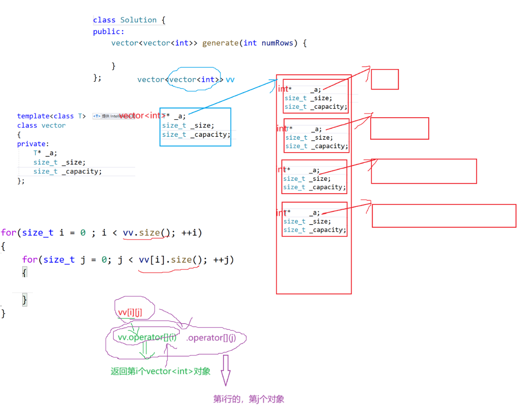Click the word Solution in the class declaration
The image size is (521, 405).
point(138,20)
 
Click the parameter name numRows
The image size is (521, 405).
point(277,43)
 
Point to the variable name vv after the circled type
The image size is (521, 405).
point(230,79)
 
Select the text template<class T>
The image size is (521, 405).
point(51,116)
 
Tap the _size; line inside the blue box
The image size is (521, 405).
point(188,125)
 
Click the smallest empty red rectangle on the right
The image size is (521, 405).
point(385,79)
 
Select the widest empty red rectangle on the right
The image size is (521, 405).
point(444,216)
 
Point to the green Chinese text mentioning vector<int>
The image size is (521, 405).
point(160,371)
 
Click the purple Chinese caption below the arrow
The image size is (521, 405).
point(249,399)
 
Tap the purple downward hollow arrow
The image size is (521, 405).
point(225,370)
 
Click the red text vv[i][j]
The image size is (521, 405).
point(130,312)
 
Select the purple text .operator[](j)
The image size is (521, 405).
point(211,338)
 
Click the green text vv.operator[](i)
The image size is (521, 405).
point(147,338)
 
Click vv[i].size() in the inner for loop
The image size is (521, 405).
point(170,260)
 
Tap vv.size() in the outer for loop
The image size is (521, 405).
point(146,233)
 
